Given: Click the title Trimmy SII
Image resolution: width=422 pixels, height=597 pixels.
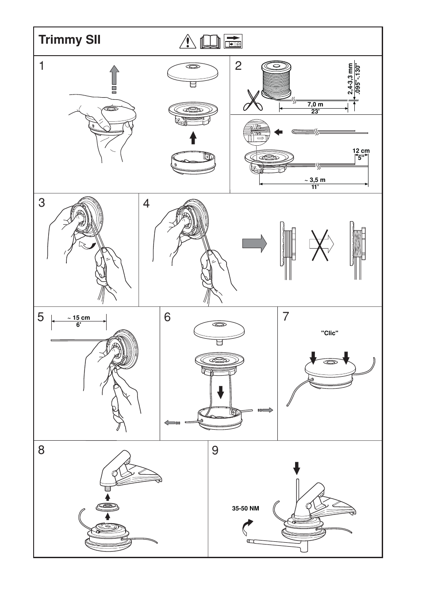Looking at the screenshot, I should pyautogui.click(x=69, y=40).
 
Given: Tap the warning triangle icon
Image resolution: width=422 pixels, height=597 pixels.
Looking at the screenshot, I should pyautogui.click(x=188, y=42).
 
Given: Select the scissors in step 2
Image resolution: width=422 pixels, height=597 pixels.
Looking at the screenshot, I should pyautogui.click(x=252, y=100).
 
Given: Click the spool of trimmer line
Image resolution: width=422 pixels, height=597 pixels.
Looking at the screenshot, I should pyautogui.click(x=276, y=80).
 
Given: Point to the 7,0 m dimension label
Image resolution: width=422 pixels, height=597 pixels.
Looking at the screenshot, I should pyautogui.click(x=315, y=105).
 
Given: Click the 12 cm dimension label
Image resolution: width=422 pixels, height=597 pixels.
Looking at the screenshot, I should pyautogui.click(x=361, y=151).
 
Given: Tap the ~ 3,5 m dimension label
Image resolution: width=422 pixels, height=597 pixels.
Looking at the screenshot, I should pyautogui.click(x=315, y=180).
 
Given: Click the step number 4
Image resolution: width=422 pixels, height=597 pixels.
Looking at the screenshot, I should pyautogui.click(x=147, y=204).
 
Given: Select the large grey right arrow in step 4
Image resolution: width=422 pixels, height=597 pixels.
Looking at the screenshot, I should pyautogui.click(x=255, y=243).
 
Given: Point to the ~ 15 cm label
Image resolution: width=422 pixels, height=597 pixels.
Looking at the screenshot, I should pyautogui.click(x=79, y=317).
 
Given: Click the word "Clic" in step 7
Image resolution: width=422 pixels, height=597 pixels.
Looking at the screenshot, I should pyautogui.click(x=330, y=333).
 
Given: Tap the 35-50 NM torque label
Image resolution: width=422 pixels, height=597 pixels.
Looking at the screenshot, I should pyautogui.click(x=246, y=508).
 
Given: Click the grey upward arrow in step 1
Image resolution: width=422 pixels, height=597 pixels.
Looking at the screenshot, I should pyautogui.click(x=115, y=77).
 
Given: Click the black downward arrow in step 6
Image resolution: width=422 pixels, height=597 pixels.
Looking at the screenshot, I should pyautogui.click(x=220, y=390).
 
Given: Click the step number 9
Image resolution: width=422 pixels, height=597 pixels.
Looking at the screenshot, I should pyautogui.click(x=215, y=450).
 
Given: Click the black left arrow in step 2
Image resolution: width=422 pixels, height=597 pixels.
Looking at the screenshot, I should pyautogui.click(x=278, y=131).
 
